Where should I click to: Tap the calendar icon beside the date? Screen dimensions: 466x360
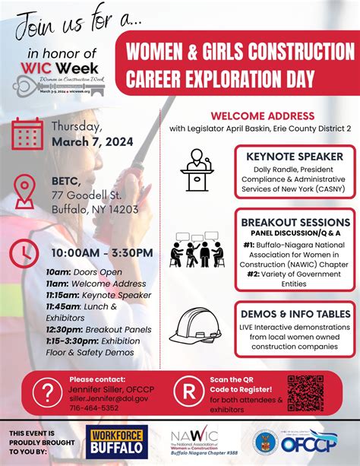(27, 134)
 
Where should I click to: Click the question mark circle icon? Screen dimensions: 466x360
(46, 393)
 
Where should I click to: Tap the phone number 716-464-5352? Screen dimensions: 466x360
(94, 407)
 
